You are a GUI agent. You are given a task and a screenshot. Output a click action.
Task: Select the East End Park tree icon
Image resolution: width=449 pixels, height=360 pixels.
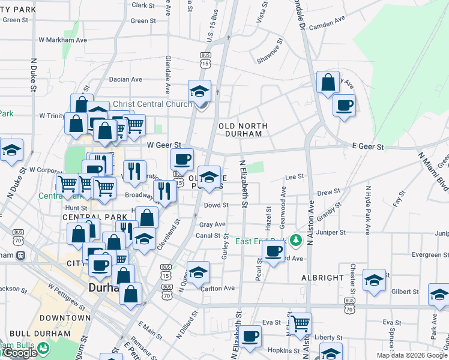(295, 241)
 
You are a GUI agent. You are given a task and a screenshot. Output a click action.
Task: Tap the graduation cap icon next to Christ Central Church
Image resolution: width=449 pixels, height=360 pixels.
(199, 91)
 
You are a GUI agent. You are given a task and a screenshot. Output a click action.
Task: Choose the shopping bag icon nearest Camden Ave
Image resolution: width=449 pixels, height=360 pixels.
(328, 83)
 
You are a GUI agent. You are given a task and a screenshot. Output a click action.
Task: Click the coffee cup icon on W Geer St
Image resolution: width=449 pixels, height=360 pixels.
(182, 159)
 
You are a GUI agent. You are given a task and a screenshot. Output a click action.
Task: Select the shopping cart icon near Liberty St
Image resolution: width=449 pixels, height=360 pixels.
(300, 323)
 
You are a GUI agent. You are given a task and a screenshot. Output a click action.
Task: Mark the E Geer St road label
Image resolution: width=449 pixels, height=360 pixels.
(367, 145)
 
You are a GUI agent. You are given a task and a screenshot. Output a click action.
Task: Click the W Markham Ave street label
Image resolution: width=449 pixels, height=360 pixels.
(64, 40)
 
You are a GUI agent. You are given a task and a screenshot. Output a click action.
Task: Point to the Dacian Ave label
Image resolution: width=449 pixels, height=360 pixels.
(125, 79)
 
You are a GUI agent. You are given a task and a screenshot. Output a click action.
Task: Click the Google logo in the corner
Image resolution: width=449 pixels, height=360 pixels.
(19, 353)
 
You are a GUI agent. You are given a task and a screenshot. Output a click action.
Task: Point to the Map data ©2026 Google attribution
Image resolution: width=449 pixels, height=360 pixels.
(411, 355)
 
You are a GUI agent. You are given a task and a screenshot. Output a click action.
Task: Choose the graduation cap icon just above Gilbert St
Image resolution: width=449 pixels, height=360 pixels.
(374, 280)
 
